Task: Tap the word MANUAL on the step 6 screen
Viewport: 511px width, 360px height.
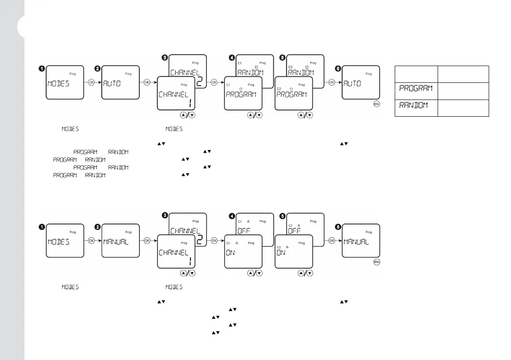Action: pos(356,242)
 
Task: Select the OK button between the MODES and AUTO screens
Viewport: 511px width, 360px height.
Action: pos(91,82)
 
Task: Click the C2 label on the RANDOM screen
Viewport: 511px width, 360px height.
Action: pos(290,63)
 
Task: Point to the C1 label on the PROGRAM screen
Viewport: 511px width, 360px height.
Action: pos(228,85)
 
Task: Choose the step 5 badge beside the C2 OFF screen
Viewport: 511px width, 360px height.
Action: pos(282,216)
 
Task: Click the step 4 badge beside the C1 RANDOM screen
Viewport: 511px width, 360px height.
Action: pos(232,57)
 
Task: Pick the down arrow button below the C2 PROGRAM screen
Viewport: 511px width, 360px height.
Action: pos(309,115)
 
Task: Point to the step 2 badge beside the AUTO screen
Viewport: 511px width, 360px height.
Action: pos(98,68)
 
